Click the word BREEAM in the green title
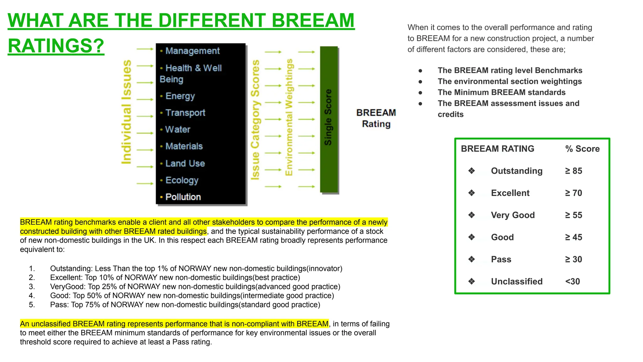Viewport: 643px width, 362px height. [x=313, y=21]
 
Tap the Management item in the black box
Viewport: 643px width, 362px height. [x=192, y=51]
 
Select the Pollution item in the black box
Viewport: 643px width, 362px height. [x=183, y=197]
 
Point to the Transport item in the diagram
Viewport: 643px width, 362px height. [x=185, y=113]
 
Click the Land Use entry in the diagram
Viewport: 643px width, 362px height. [x=185, y=163]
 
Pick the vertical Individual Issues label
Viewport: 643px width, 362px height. [x=127, y=112]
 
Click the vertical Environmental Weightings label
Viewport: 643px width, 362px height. [x=289, y=117]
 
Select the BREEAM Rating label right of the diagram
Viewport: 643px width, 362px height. [x=376, y=118]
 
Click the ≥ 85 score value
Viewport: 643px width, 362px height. [x=573, y=171]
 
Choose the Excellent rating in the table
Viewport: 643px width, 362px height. [x=510, y=193]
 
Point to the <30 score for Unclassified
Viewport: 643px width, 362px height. [x=572, y=282]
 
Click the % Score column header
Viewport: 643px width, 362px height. [x=582, y=149]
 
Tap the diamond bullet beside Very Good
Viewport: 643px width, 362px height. [x=471, y=215]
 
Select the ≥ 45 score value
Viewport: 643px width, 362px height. [x=573, y=237]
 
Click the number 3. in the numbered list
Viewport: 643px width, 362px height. [x=32, y=287]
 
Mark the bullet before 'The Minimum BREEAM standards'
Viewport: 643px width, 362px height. [x=420, y=93]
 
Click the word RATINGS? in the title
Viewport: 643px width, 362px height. [x=56, y=46]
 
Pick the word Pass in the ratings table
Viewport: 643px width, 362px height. [x=501, y=260]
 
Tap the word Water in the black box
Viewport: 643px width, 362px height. [x=178, y=129]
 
